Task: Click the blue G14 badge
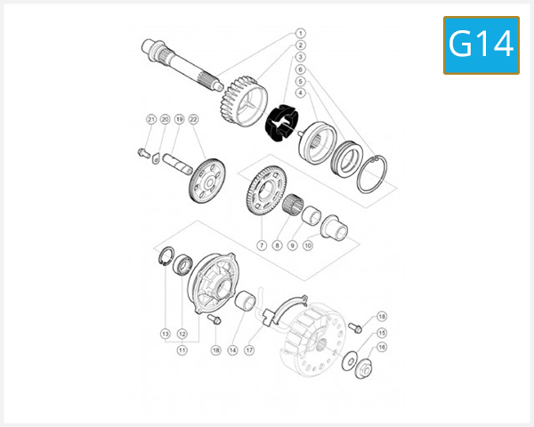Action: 481,44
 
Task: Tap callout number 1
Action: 301,33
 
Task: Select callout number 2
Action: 301,44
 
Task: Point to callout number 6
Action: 301,68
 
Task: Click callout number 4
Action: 301,92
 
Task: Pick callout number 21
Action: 151,119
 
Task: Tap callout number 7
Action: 262,245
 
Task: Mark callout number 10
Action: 308,245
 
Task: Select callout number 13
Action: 165,334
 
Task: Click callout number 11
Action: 182,350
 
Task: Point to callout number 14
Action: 232,350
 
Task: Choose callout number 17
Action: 250,350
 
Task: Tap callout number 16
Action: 382,348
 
